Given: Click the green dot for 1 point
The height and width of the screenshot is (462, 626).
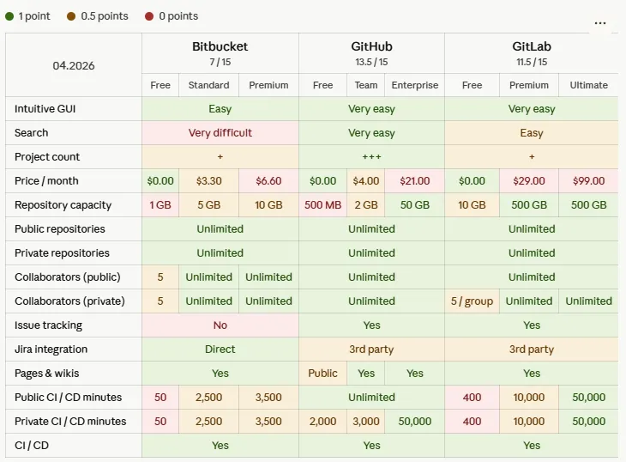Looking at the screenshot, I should coord(10,16).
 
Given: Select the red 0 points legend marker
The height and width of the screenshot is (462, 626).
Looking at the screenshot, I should coord(149,16).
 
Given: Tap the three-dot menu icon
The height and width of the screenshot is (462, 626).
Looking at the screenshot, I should coord(600,23).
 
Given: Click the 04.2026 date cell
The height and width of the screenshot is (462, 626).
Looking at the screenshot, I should coord(74,65).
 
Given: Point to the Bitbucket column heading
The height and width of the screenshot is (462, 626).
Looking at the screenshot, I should coord(220,46).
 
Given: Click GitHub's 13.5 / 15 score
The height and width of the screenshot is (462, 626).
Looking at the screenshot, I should coord(371,62).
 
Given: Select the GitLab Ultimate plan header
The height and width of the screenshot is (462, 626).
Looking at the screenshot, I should coord(588,85).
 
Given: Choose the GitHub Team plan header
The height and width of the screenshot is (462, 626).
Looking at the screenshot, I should coord(366,85).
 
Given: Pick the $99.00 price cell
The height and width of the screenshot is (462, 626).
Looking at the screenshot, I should coord(588,181).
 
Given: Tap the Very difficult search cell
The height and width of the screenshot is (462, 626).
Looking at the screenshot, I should coord(220,133).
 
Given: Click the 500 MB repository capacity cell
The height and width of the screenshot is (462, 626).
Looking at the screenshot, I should coord(322,205).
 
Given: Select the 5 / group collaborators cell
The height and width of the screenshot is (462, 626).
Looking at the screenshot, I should coord(472,301).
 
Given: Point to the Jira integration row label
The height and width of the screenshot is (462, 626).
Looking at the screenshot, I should coord(51,350).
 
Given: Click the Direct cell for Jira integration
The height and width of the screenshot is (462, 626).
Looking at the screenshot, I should coord(220,350).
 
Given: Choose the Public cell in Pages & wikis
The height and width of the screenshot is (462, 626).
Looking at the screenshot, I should coord(322,374).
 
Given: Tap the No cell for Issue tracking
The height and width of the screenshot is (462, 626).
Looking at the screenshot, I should coord(220,325).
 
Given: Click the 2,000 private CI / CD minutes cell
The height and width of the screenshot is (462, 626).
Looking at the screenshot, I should coord(322,422).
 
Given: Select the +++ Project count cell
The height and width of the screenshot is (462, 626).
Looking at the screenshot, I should coord(371,157).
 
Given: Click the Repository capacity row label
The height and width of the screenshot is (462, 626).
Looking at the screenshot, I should coord(63,205).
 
